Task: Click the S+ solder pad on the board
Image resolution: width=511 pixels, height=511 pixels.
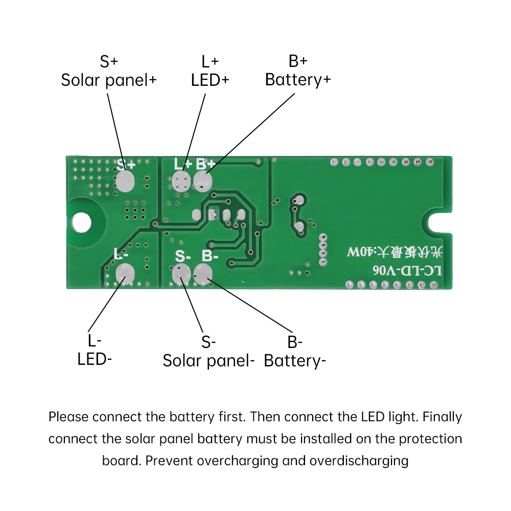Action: point(124,181)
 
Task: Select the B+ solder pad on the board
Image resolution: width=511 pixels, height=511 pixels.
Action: point(203,181)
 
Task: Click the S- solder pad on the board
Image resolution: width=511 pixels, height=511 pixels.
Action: point(181,273)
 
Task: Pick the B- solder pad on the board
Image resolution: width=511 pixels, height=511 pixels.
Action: point(203,273)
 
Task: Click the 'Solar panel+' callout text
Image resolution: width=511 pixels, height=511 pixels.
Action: point(109,80)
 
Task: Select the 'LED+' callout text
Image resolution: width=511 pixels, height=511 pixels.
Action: point(210,80)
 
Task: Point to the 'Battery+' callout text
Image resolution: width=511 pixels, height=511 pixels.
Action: point(298,80)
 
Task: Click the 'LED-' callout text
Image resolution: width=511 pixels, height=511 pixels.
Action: point(95,359)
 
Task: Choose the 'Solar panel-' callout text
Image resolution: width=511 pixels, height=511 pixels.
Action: point(208,361)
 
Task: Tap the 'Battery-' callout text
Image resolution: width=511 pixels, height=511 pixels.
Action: point(295,361)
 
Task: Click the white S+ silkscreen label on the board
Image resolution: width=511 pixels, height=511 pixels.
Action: point(126,165)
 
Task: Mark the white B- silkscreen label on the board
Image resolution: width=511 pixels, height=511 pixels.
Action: point(210,255)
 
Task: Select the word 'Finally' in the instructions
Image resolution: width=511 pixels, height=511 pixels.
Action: point(443,416)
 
